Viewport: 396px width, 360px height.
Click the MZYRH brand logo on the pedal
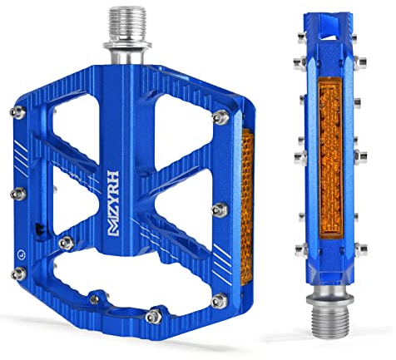(114, 204)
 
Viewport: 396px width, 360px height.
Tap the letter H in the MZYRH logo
(114, 177)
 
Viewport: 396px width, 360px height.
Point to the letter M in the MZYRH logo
(113, 229)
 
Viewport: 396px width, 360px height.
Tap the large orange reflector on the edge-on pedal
(331, 157)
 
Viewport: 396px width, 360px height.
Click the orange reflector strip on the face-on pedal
(247, 206)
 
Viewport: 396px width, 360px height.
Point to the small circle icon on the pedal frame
(21, 254)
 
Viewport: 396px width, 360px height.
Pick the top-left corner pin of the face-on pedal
(18, 111)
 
